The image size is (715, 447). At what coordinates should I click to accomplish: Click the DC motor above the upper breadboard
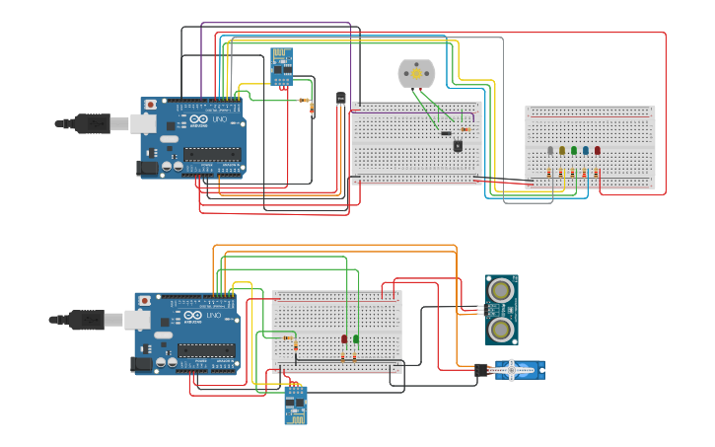point(415,73)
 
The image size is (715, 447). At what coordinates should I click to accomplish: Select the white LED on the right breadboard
point(550,151)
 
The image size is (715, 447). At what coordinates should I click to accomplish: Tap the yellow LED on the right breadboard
point(562,151)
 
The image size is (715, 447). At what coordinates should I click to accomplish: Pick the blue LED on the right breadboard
point(586,151)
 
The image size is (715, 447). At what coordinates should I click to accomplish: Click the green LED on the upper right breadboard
point(574,151)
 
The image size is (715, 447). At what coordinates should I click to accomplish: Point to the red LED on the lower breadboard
point(344,339)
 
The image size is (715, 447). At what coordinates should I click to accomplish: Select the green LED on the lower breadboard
point(356,339)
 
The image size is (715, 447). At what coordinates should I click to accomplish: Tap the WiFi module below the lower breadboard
point(295,405)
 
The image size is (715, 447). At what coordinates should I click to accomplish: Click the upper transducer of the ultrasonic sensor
point(501,290)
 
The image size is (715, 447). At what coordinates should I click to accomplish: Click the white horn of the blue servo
point(518,371)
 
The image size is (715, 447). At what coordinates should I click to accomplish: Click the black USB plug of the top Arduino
point(93,123)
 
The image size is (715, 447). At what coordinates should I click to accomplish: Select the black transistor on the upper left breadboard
point(458,146)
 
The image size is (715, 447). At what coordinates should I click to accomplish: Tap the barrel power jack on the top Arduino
point(148,169)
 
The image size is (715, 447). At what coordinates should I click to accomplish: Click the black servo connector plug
point(481,371)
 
